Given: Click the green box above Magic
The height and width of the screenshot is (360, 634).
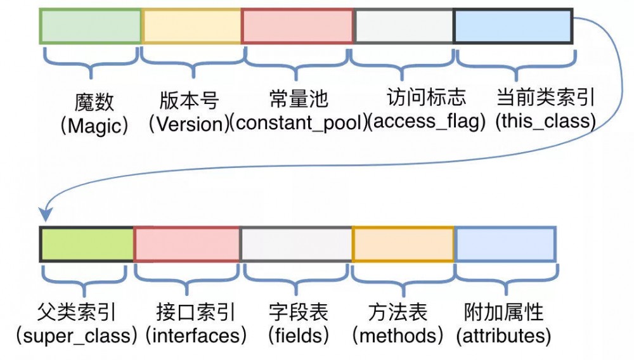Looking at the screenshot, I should pyautogui.click(x=90, y=26).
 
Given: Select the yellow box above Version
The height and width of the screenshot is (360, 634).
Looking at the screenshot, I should pyautogui.click(x=191, y=26).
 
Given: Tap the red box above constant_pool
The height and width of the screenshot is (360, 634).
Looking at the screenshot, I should pyautogui.click(x=297, y=26).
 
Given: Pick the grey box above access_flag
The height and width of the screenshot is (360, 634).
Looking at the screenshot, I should pyautogui.click(x=403, y=26).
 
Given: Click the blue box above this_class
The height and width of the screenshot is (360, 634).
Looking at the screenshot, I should pyautogui.click(x=514, y=26).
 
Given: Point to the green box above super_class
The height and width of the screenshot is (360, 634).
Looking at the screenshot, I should pyautogui.click(x=87, y=244).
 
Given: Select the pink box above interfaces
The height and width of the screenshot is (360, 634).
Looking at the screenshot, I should pyautogui.click(x=187, y=244).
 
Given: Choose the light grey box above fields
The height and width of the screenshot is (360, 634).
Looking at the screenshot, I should pyautogui.click(x=296, y=244).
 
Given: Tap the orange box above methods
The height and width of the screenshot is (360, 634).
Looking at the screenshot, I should pyautogui.click(x=403, y=244).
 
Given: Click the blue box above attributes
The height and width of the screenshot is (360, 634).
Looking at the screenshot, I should pyautogui.click(x=505, y=244).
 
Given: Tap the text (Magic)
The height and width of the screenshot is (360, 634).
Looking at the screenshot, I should pyautogui.click(x=94, y=126).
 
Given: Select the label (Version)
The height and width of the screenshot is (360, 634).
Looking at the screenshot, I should pyautogui.click(x=188, y=124).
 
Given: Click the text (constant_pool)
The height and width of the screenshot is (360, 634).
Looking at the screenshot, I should pyautogui.click(x=298, y=123).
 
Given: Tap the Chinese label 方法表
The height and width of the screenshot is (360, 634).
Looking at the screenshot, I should pyautogui.click(x=398, y=312).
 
